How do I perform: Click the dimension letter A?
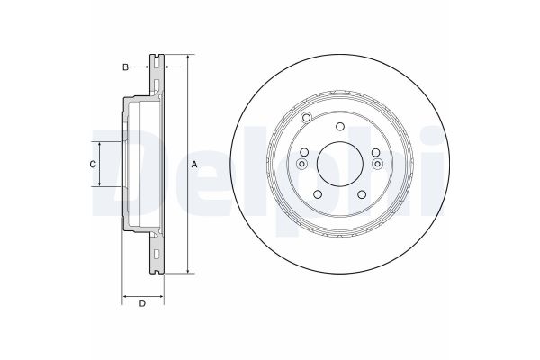(194, 165)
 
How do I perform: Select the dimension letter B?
(126, 67)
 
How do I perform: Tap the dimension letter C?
(93, 165)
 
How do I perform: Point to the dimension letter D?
(142, 303)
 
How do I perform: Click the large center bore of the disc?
(340, 165)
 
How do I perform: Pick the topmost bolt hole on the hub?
(340, 126)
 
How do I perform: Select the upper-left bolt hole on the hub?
(304, 152)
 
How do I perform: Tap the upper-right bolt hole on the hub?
(375, 152)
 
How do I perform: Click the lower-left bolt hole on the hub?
(318, 194)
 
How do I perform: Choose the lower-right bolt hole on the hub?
(362, 194)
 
